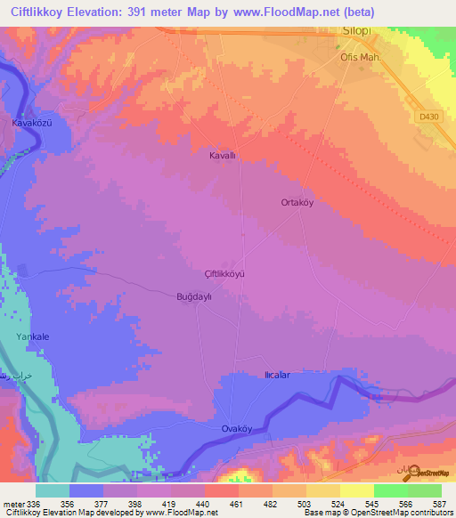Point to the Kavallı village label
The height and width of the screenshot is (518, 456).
click(x=222, y=155)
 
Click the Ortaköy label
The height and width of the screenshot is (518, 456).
click(x=297, y=203)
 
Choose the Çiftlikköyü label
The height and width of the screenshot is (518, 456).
click(x=224, y=274)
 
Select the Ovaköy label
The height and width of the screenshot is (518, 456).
click(x=238, y=429)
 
